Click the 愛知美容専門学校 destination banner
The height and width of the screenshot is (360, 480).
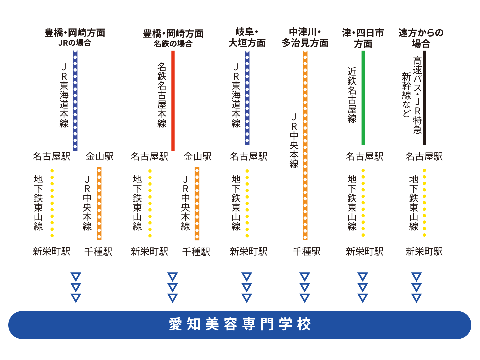pyautogui.click(x=240, y=325)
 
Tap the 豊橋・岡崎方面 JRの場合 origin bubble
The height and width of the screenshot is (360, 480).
pyautogui.click(x=74, y=37)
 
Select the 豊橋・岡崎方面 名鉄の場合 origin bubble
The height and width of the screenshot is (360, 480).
pyautogui.click(x=173, y=38)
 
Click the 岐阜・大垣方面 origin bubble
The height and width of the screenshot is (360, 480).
pyautogui.click(x=247, y=37)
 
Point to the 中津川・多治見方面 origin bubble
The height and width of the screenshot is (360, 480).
pyautogui.click(x=305, y=37)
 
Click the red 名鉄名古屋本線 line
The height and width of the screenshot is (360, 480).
pyautogui.click(x=173, y=100)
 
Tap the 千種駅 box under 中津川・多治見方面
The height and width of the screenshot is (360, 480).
pyautogui.click(x=306, y=251)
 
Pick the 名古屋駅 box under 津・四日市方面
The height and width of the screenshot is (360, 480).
pyautogui.click(x=364, y=156)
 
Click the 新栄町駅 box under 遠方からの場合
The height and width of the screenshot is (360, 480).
pyautogui.click(x=424, y=251)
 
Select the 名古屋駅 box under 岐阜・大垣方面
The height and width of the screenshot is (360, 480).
pyautogui.click(x=248, y=156)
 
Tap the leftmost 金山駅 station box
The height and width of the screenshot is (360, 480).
pyautogui.click(x=99, y=156)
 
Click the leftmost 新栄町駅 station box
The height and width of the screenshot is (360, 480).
pyautogui.click(x=51, y=251)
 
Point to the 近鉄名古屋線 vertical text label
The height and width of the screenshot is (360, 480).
pyautogui.click(x=352, y=95)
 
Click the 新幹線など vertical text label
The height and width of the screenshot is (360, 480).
pyautogui.click(x=406, y=95)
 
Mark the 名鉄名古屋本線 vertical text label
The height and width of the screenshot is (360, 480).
pyautogui.click(x=162, y=95)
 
